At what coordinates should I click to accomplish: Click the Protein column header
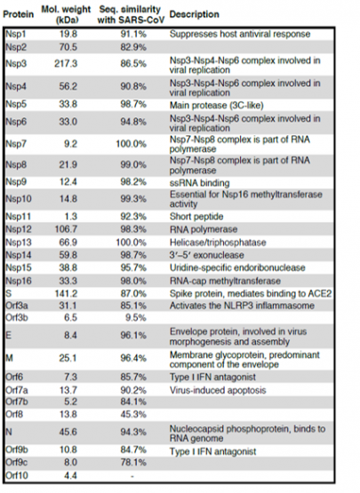19,14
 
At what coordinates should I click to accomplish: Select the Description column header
194,14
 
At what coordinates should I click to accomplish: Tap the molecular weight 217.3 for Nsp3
66,64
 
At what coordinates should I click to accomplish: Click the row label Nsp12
19,229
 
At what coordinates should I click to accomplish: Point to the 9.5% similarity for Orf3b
136,317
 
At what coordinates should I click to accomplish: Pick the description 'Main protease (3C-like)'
217,105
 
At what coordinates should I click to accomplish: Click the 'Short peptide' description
196,217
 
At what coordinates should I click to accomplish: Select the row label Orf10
17,475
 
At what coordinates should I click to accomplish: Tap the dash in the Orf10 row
132,476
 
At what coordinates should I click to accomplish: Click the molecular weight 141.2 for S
66,294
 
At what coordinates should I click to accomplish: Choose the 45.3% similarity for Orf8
133,414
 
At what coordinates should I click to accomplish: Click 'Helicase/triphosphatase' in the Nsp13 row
218,243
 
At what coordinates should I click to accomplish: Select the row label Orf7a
17,390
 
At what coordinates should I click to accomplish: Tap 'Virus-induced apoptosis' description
218,390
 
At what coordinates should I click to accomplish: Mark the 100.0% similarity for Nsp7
132,144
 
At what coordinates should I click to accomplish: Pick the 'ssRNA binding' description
199,183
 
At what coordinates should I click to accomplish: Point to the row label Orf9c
17,463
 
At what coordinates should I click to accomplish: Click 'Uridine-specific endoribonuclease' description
237,267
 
